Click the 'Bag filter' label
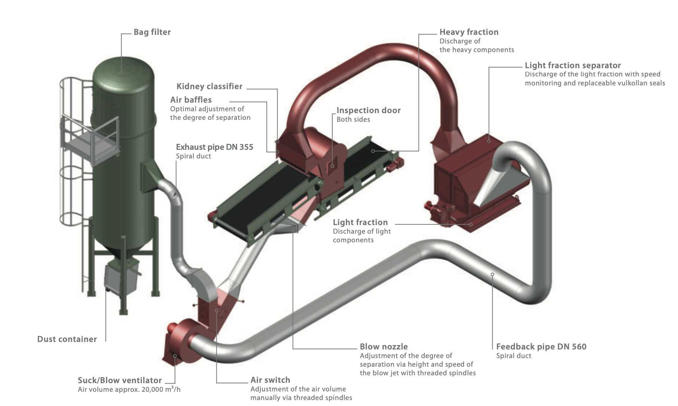coord(152,32)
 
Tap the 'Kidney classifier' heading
coord(209,87)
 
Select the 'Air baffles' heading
coord(191,100)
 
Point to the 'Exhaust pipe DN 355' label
coord(214,147)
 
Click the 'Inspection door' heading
coord(368,110)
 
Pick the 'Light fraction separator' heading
coord(572,66)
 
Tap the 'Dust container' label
coord(67,339)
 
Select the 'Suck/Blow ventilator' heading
coord(120,381)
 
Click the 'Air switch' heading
coord(270,380)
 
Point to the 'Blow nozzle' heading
coord(384,347)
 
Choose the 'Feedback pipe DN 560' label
coord(541,347)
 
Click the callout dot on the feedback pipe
coord(492,275)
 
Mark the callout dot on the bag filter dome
coord(121,71)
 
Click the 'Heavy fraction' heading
coord(469,32)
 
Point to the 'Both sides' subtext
coord(353,119)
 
